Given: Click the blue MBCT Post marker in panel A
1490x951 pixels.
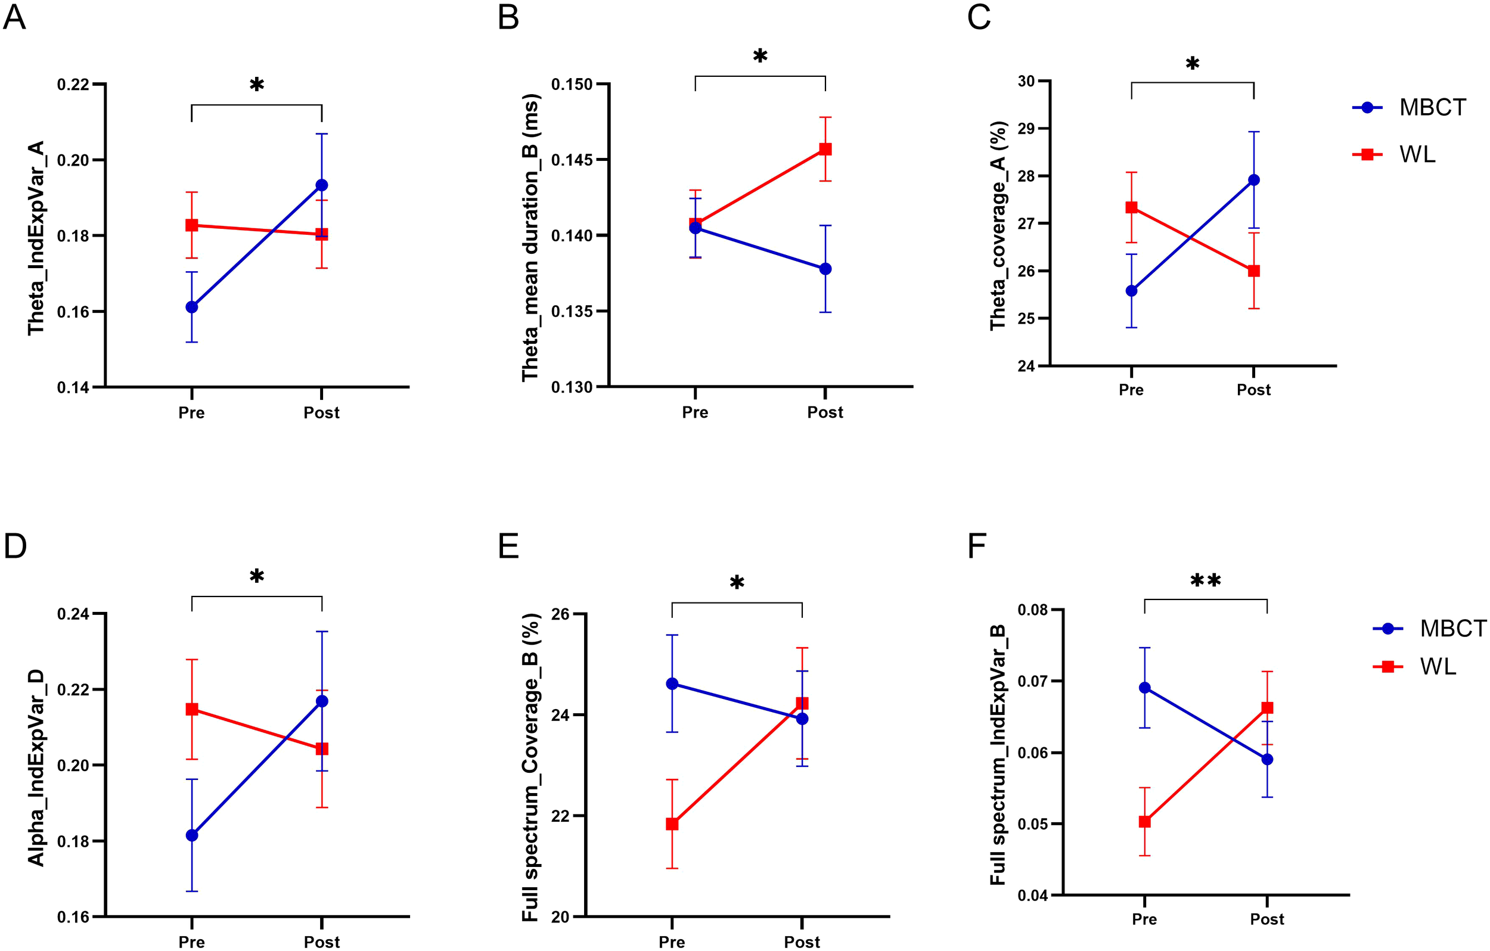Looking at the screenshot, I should [322, 185].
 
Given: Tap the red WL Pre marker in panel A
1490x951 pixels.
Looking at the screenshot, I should [192, 225].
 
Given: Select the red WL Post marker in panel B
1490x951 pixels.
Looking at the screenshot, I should [825, 149].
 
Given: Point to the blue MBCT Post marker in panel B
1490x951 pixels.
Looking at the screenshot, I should [825, 269].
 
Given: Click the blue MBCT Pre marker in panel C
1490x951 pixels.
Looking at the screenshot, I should [1131, 291].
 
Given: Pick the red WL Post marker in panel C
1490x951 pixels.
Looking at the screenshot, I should [1253, 271].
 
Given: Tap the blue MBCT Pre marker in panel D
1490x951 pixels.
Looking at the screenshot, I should [192, 835].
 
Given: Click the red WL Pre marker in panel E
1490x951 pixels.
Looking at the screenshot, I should [672, 823].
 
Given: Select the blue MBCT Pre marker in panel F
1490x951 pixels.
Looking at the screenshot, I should [1145, 688].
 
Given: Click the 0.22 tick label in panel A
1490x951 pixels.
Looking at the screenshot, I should [73, 85].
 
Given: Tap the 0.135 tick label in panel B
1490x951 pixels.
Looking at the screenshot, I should [572, 311].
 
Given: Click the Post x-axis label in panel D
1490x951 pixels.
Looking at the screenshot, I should [322, 941].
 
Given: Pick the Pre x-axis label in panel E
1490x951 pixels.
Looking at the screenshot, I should [672, 941].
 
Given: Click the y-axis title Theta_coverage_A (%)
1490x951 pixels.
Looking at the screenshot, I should [998, 225].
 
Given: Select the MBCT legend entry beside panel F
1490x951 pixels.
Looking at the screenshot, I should [1452, 629].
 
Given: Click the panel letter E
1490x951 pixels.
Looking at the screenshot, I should [508, 547].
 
